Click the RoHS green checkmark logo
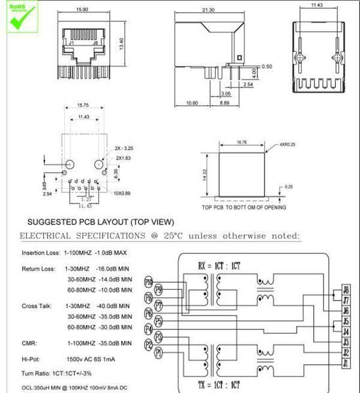16,15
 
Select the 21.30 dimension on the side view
208,10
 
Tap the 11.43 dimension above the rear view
317,5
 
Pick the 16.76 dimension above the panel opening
242,143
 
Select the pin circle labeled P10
149,281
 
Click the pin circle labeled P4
149,329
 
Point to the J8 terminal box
346,290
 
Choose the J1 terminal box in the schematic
346,363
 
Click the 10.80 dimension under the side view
193,103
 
